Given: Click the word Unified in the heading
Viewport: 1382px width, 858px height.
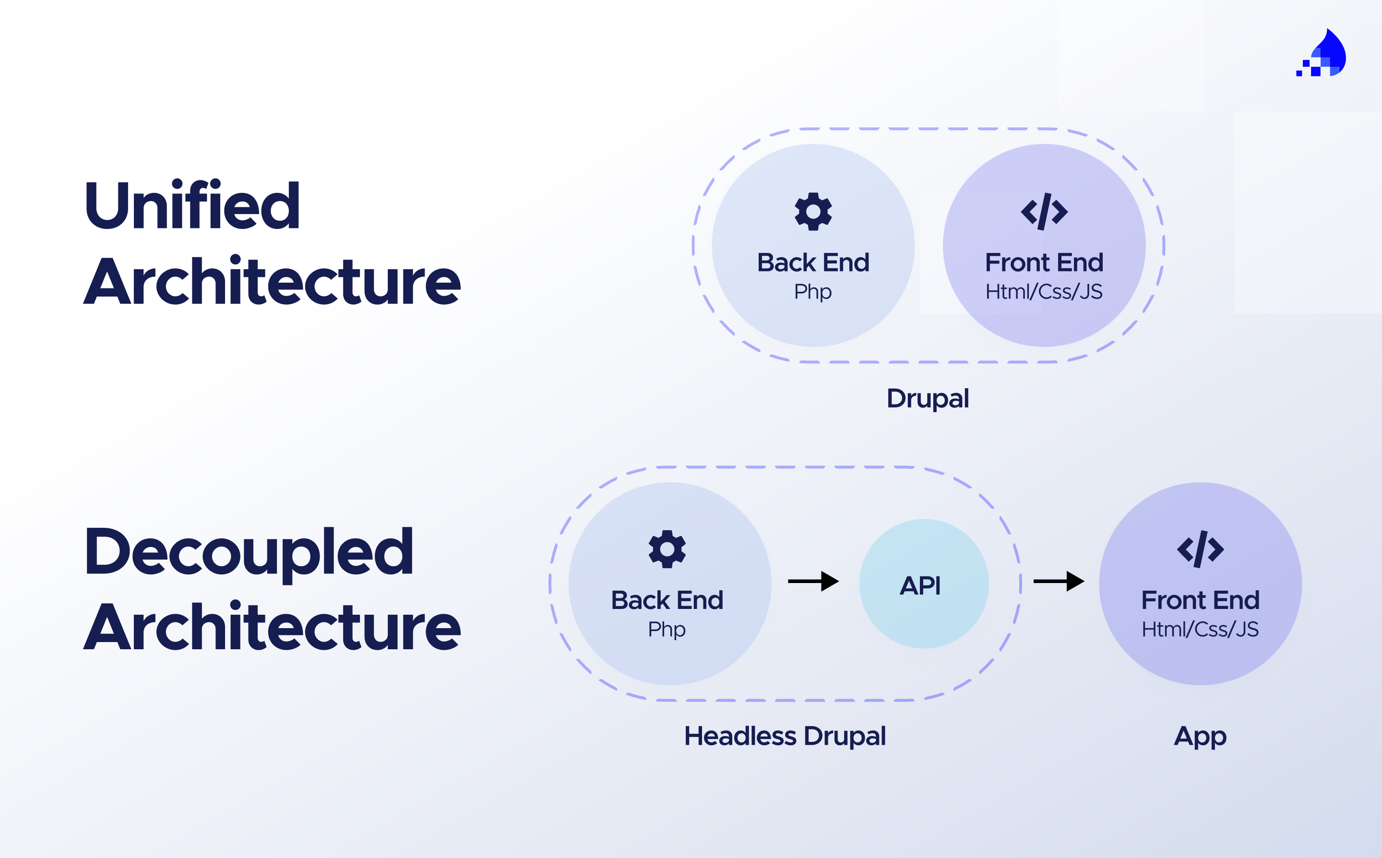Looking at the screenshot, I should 192,205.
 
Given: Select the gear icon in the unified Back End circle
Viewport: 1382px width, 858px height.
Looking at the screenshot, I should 813,212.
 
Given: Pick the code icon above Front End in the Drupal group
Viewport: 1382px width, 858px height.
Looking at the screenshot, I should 1044,212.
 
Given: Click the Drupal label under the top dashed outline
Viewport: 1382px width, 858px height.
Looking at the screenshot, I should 928,398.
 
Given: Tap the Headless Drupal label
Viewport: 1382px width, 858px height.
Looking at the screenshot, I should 785,736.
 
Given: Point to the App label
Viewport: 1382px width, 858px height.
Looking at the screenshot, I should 1200,736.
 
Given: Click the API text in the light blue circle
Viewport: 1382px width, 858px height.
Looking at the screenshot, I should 920,585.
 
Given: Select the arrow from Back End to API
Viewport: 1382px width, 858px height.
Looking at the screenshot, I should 813,581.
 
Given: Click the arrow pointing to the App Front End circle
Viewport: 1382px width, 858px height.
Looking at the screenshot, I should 1059,581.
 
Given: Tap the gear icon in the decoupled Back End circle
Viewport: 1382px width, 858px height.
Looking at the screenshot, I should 667,549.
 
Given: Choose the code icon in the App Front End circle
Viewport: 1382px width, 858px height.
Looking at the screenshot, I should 1200,549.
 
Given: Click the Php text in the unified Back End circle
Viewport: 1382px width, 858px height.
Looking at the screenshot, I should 812,292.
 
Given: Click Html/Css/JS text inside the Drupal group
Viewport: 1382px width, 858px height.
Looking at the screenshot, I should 1044,292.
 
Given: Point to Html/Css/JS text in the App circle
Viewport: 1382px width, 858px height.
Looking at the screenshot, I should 1200,629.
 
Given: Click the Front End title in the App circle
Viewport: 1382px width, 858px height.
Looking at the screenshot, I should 1200,600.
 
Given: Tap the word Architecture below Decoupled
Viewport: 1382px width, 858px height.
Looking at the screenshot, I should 272,627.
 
